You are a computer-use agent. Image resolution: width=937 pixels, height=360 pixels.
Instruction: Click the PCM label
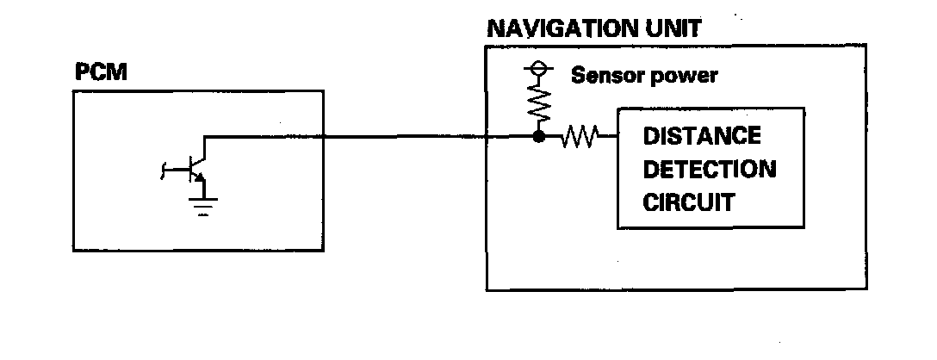coord(102,73)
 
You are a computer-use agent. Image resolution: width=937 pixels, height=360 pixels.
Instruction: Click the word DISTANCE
coord(702,136)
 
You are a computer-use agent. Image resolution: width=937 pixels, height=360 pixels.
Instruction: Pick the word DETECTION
coord(710,169)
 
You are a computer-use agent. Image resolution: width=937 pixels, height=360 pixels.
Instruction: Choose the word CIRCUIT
coord(689,202)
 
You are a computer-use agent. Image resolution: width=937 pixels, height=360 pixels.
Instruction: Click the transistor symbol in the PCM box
coord(195,170)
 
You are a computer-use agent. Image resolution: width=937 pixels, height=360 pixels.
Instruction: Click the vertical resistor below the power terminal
coord(539,104)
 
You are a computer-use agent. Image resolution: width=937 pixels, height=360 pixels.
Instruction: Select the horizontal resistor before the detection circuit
coord(580,136)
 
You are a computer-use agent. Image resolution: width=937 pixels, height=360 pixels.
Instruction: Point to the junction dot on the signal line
coord(539,136)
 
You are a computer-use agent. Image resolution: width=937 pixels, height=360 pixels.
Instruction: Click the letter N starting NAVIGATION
coord(495,28)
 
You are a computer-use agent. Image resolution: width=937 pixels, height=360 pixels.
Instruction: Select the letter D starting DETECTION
coord(651,169)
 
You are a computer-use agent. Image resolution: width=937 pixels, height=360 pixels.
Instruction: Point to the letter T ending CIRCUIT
coord(728,202)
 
